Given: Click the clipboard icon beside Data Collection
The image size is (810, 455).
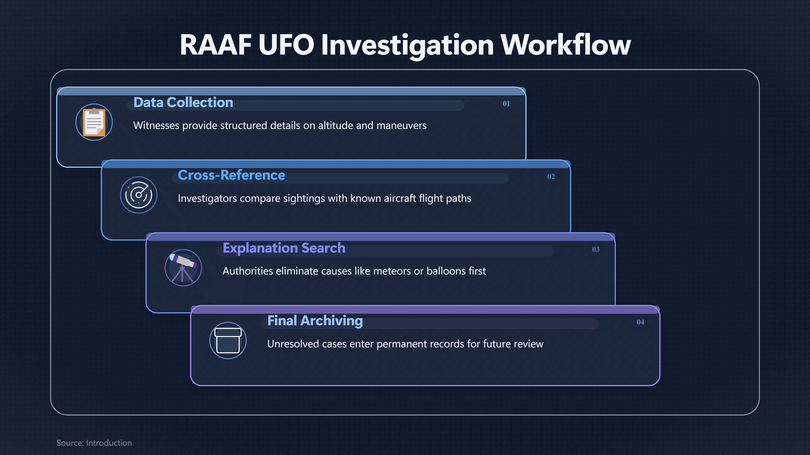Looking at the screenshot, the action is [x=94, y=122].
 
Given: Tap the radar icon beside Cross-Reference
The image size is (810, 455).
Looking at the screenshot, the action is [x=139, y=195].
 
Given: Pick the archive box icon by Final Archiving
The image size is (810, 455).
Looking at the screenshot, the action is [x=228, y=341].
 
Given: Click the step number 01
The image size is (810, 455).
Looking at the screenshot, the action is [x=506, y=104].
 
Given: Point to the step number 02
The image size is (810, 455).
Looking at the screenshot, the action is [x=551, y=177].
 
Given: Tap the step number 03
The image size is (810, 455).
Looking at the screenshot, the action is [x=595, y=249].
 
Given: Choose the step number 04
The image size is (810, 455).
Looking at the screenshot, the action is [x=640, y=322].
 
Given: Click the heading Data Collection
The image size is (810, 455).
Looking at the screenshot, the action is [x=183, y=102].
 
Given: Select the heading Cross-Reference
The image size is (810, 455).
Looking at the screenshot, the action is [x=231, y=175].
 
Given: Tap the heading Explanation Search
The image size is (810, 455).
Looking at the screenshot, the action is [x=284, y=248].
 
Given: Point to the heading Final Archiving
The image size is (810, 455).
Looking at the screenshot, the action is [x=315, y=321].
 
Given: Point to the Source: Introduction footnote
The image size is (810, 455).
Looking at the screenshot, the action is [x=94, y=443].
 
